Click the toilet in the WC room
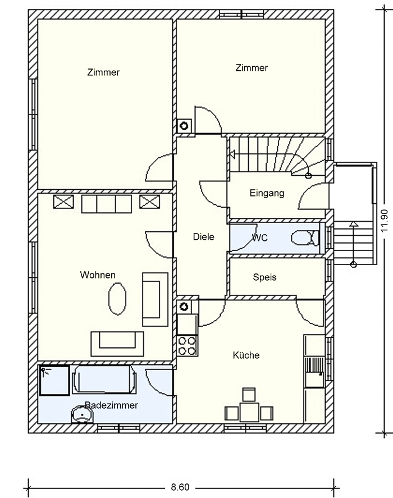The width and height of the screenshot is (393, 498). click(305, 238)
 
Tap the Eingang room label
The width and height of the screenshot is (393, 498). click(267, 193)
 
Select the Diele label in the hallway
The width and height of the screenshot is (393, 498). click(204, 236)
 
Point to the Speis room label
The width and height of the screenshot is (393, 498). click(264, 277)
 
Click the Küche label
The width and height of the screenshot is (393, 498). click(246, 355)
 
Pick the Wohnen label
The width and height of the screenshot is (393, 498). click(98, 275)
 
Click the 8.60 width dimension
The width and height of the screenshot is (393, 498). click(180, 487)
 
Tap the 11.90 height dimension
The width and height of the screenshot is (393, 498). click(385, 221)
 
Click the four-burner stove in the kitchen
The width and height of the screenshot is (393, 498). click(187, 345)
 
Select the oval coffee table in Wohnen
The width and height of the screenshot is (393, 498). click(117, 299)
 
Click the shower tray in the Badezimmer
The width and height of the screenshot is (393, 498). click(54, 381)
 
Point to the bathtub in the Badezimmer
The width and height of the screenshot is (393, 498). click(105, 380)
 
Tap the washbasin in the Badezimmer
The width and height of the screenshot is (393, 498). click(82, 415)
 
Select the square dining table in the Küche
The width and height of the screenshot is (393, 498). click(249, 412)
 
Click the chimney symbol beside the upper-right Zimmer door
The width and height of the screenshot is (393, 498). click(184, 126)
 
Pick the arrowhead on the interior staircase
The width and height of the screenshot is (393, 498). click(232, 154)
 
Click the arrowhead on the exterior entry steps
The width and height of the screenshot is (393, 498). click(353, 223)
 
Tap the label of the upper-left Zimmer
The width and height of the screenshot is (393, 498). click(103, 72)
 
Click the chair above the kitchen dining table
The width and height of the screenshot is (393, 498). click(249, 395)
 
